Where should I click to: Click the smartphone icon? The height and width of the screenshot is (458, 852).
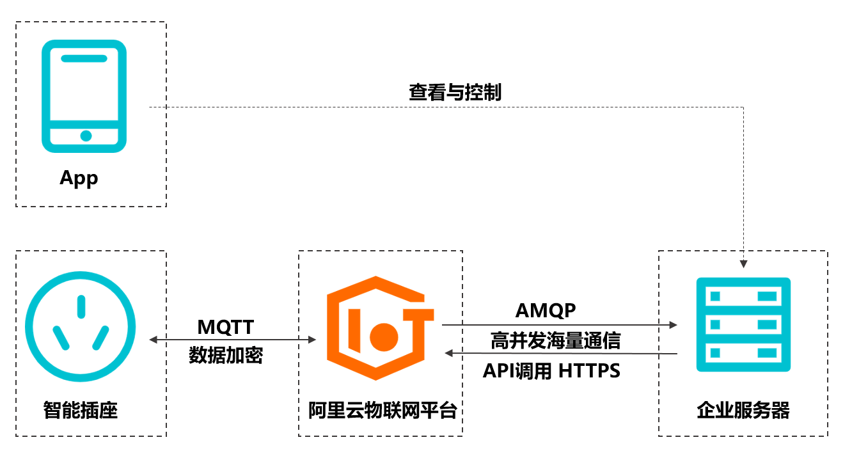pyautogui.click(x=84, y=96)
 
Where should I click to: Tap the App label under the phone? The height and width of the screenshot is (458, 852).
pyautogui.click(x=79, y=178)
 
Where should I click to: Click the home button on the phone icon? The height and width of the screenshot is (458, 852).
pyautogui.click(x=86, y=136)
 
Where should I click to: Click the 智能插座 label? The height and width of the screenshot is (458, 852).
pyautogui.click(x=81, y=409)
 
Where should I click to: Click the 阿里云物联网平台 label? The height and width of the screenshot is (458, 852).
pyautogui.click(x=383, y=410)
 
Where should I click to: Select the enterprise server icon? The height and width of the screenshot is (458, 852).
pyautogui.click(x=743, y=324)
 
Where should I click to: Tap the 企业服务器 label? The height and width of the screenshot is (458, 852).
pyautogui.click(x=743, y=410)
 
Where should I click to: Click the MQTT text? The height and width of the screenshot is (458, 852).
pyautogui.click(x=226, y=328)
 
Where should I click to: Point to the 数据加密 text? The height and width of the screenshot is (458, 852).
pyautogui.click(x=226, y=356)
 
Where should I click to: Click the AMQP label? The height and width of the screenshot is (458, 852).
pyautogui.click(x=546, y=311)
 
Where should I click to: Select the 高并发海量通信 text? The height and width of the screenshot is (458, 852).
pyautogui.click(x=555, y=340)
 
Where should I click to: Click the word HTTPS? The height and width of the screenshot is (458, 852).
pyautogui.click(x=589, y=371)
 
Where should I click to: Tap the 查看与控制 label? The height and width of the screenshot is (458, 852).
pyautogui.click(x=455, y=93)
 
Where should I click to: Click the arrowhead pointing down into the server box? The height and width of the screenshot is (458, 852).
pyautogui.click(x=743, y=263)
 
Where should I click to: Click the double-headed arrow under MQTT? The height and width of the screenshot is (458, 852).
pyautogui.click(x=233, y=340)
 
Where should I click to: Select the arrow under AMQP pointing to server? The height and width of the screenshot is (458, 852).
pyautogui.click(x=560, y=325)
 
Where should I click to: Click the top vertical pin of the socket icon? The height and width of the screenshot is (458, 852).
pyautogui.click(x=81, y=306)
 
